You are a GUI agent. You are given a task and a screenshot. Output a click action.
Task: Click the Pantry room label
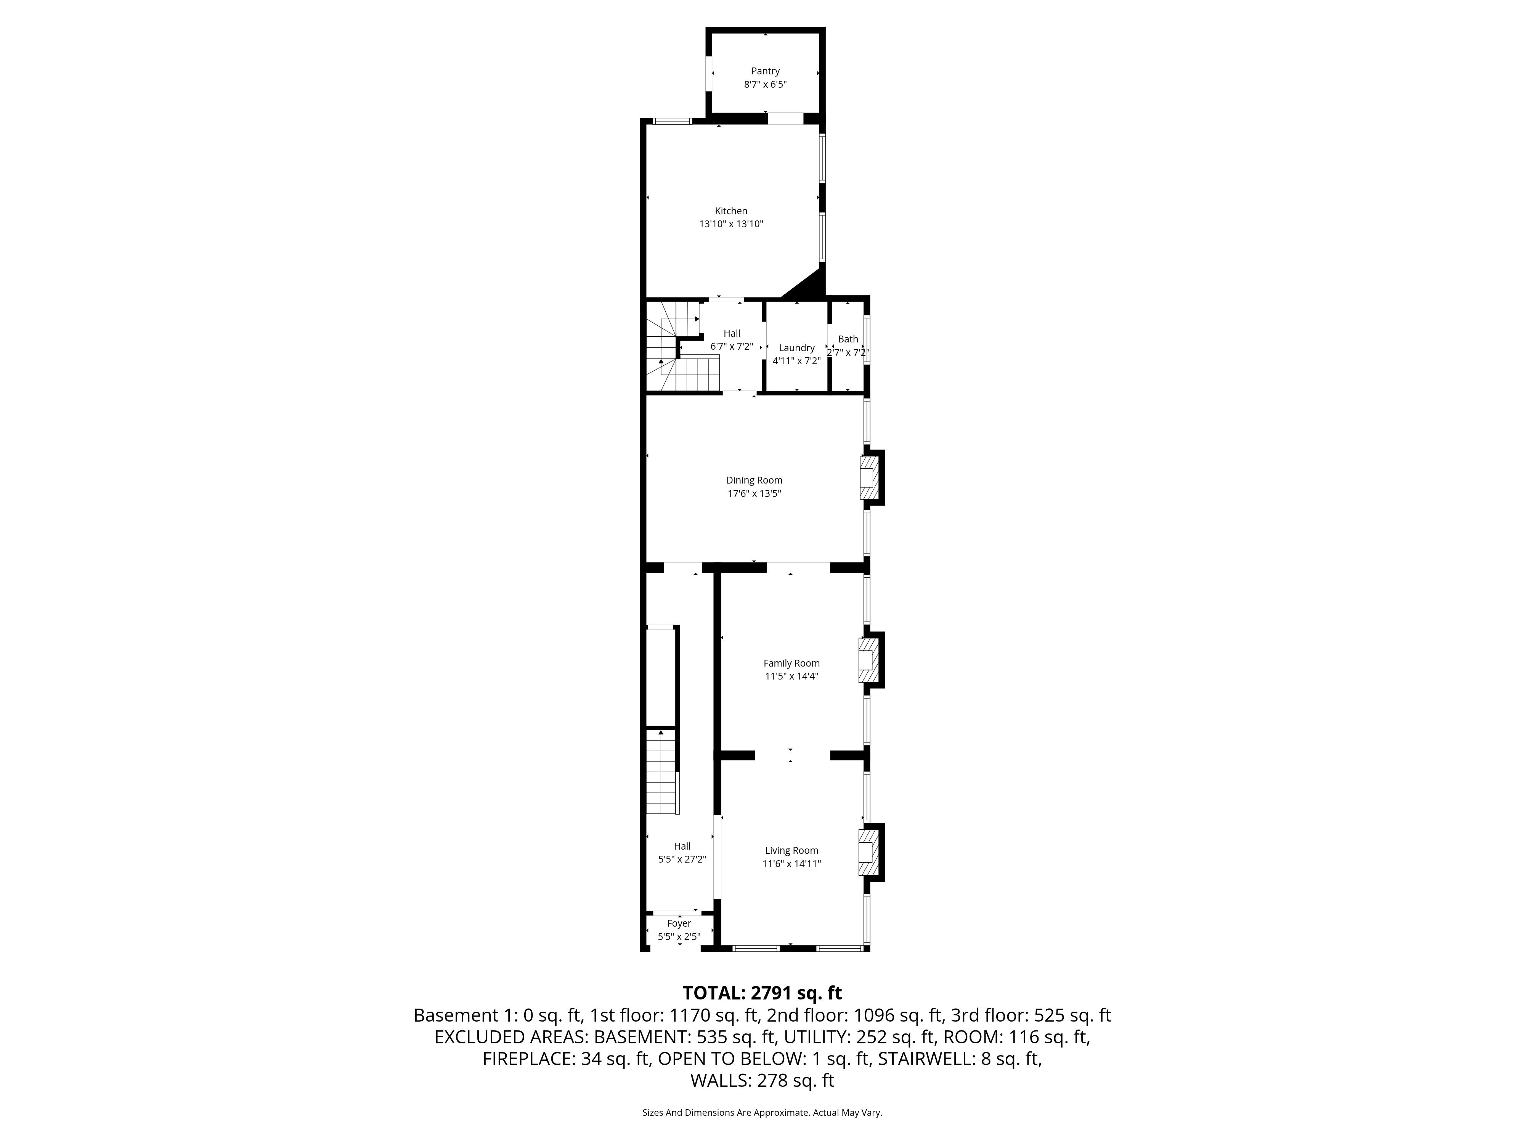tap(765, 71)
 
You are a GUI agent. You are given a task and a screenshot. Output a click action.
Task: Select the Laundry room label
tap(796, 347)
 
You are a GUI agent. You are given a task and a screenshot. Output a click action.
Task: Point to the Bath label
tap(848, 339)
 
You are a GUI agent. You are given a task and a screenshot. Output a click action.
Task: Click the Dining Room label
tap(754, 480)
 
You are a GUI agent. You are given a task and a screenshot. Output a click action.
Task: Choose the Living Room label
tap(791, 850)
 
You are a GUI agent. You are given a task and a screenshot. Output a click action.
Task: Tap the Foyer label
tap(679, 923)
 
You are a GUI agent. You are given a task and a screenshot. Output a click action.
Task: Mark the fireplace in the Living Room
tap(869, 852)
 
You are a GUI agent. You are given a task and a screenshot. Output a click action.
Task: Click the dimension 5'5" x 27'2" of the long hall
tap(682, 859)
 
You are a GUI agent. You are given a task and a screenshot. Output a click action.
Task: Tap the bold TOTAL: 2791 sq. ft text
tap(762, 993)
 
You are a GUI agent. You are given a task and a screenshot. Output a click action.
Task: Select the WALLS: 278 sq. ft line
tap(762, 1081)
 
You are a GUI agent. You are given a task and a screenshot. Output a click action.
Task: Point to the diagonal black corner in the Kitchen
tap(807, 284)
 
